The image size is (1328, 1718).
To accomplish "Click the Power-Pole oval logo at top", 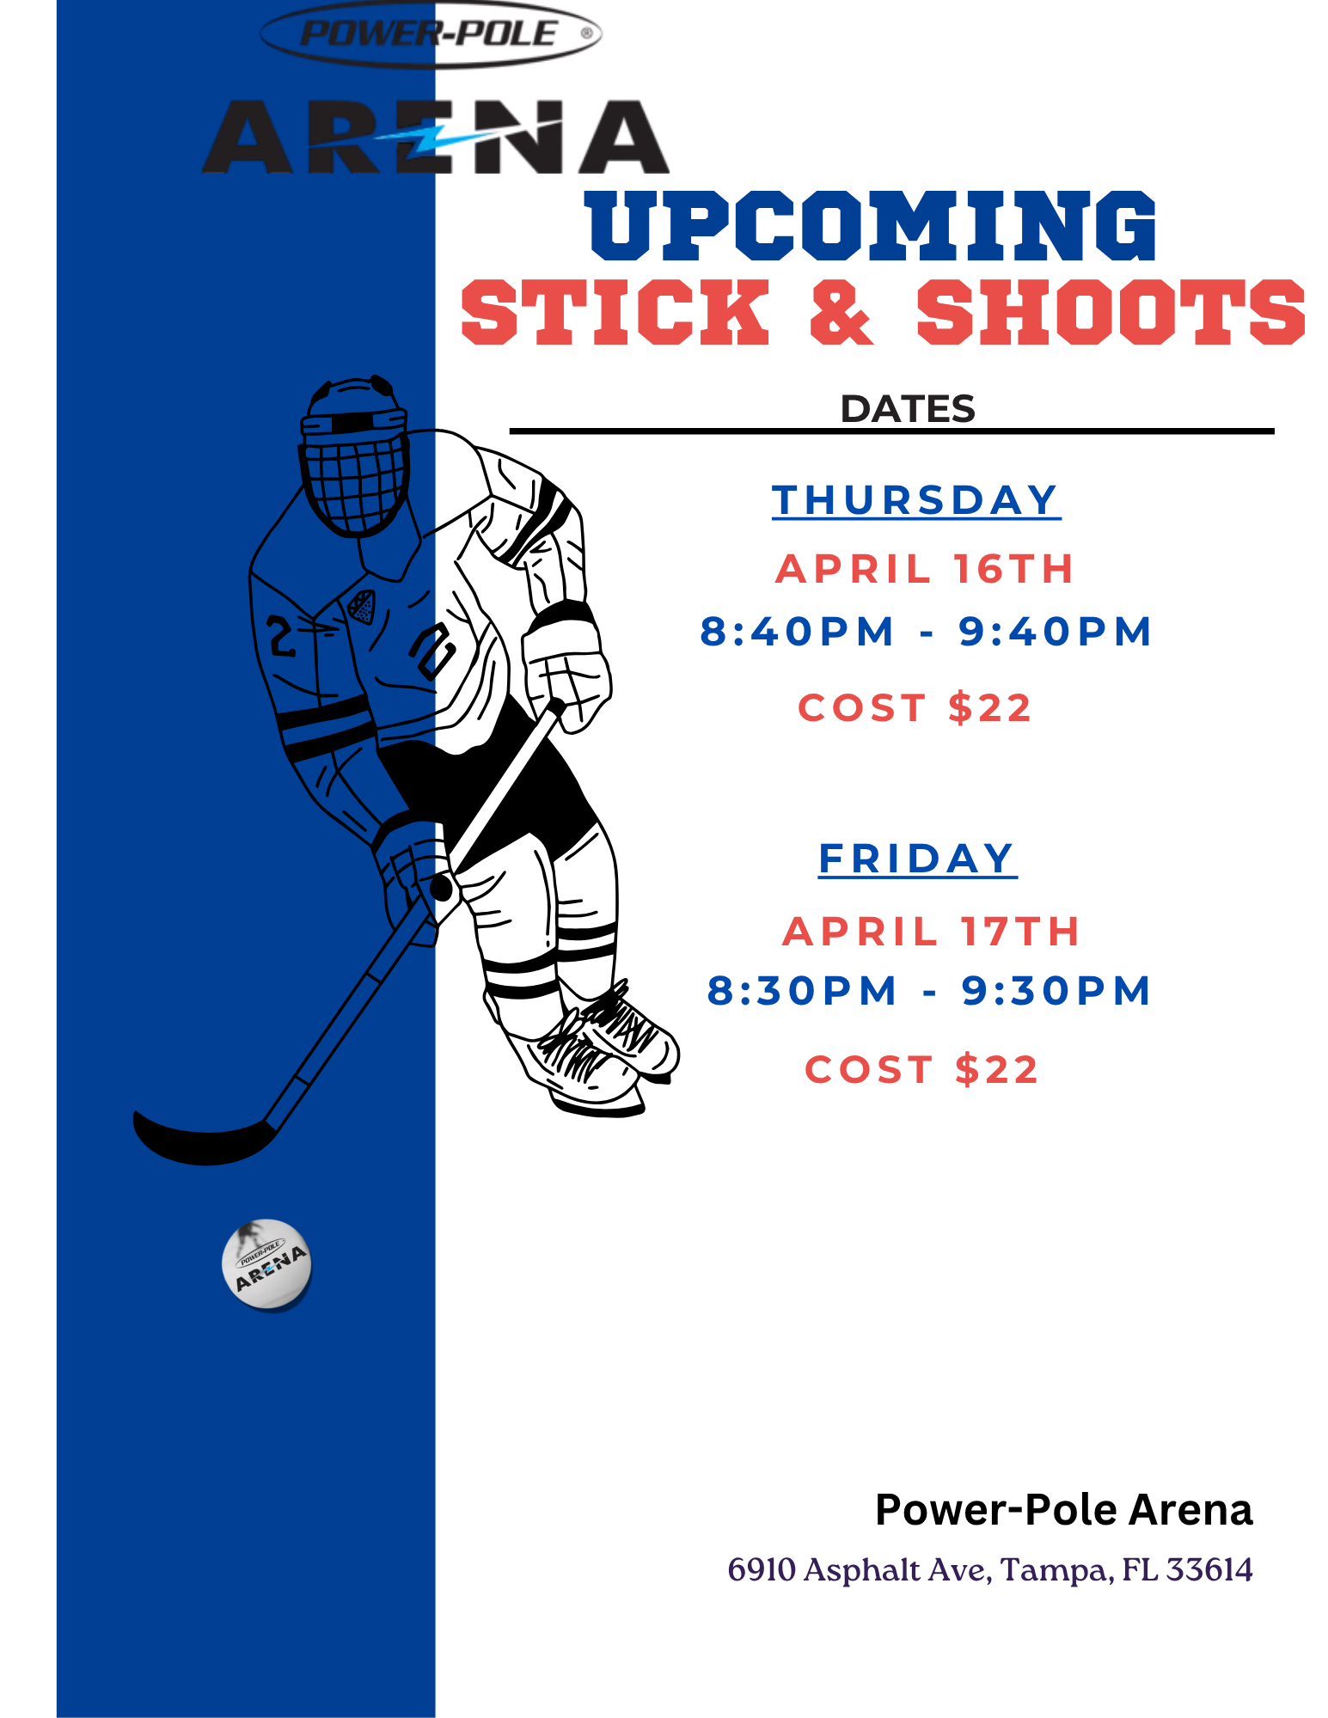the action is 431,34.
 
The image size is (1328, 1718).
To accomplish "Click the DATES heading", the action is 908,409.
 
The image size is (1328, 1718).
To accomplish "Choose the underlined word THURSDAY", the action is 915,500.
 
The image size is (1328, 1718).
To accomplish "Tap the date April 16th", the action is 925,569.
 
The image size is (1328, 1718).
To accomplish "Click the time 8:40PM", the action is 798,632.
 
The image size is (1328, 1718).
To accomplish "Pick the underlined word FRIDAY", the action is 917,859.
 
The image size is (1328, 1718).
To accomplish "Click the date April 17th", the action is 931,932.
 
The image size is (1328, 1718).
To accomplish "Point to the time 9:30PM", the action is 1056,991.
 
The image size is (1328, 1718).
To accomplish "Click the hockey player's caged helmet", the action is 353,455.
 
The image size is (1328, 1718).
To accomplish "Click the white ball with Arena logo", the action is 266,1264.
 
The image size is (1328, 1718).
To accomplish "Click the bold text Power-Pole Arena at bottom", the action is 1063,1510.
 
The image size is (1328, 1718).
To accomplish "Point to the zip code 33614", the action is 1209,1570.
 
